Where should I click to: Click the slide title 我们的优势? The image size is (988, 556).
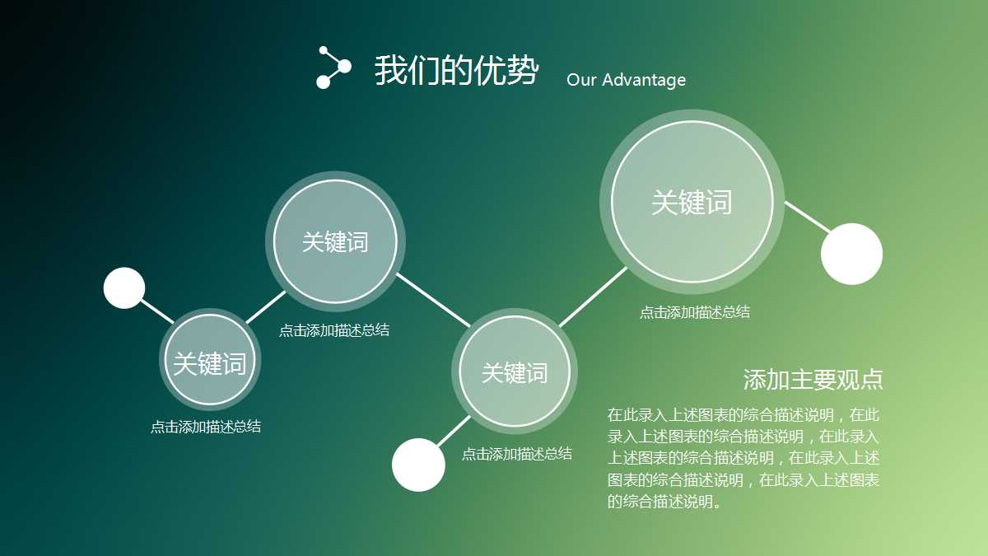point(456,71)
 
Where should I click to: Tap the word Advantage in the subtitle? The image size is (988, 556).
point(643,80)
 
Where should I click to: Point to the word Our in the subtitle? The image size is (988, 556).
point(580,80)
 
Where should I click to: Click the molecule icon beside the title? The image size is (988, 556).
point(333,68)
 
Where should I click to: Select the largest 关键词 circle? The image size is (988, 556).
point(692,202)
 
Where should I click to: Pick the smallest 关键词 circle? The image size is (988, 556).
point(209,361)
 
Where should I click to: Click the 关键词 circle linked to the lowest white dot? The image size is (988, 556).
point(514,372)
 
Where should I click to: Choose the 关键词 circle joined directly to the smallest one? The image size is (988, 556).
point(334,241)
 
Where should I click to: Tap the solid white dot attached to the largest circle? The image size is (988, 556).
point(851,254)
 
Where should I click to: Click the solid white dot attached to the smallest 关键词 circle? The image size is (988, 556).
point(124,288)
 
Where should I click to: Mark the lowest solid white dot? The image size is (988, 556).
point(418,465)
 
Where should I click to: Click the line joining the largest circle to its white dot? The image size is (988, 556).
point(807,217)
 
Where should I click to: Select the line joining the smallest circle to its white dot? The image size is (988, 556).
point(156,311)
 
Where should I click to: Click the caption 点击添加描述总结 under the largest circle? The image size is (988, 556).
point(694,312)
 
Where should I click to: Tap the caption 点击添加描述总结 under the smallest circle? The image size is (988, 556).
point(205,427)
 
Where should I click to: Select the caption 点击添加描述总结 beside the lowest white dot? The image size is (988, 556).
point(516,454)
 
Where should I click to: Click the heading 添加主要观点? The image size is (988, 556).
point(813,380)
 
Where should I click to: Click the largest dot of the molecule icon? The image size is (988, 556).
point(344,66)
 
